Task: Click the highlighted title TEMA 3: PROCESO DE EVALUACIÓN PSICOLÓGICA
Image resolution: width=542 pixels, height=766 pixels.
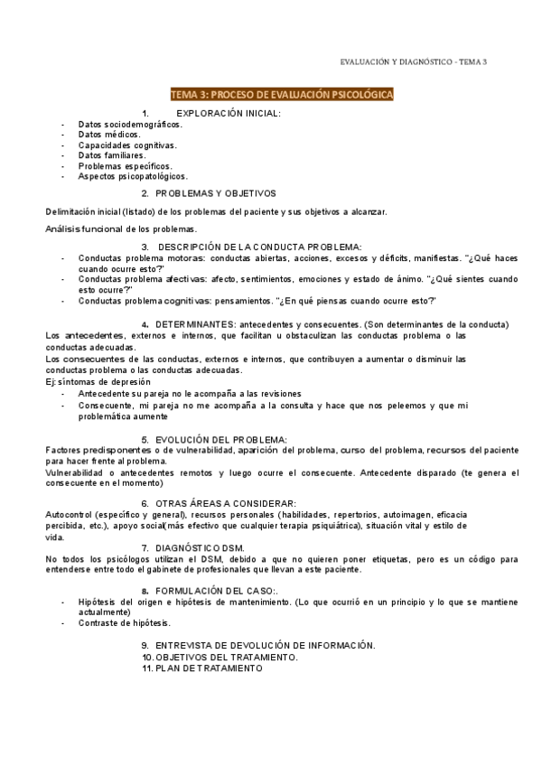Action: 280,94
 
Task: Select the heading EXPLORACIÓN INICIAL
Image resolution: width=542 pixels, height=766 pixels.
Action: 228,113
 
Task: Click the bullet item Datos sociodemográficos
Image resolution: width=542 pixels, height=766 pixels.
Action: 130,124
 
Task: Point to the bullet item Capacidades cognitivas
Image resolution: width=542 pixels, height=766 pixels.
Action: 127,145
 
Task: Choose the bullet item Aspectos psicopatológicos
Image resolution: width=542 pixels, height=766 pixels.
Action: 133,176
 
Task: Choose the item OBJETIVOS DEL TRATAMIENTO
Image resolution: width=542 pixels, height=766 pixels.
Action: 227,657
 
